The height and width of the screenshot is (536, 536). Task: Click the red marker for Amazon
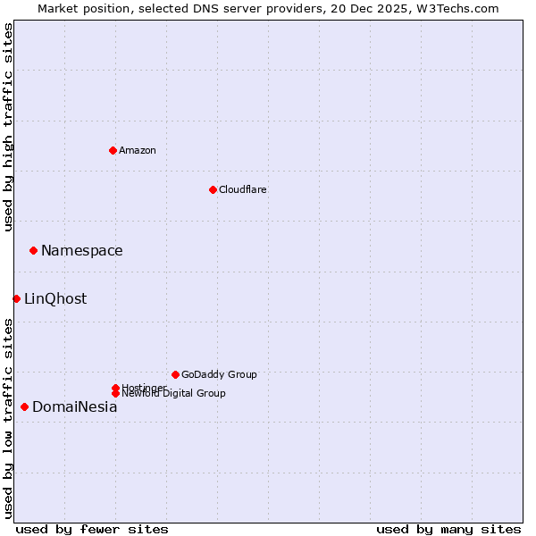click(x=113, y=150)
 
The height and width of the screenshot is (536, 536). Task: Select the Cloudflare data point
click(x=213, y=189)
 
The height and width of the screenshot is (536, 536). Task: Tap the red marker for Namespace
click(x=33, y=250)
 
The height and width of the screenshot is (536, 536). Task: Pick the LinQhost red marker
click(x=16, y=298)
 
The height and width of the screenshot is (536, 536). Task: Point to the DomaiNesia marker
click(x=24, y=406)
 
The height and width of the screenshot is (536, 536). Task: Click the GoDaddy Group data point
click(x=175, y=374)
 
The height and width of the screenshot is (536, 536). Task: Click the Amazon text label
click(x=138, y=150)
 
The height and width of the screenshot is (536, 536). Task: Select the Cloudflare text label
click(x=243, y=189)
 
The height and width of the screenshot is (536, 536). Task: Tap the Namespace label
click(x=82, y=251)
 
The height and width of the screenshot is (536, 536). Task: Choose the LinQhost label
click(x=55, y=299)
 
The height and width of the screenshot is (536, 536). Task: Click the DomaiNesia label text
click(x=75, y=407)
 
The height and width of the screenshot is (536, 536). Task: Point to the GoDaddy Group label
click(x=219, y=374)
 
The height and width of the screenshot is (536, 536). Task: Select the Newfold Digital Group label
click(x=174, y=393)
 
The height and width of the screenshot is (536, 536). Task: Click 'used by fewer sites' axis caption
click(x=92, y=529)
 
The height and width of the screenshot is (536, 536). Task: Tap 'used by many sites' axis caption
click(x=448, y=529)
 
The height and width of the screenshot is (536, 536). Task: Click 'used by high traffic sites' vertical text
click(x=9, y=127)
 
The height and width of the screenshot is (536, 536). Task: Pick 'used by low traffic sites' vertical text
click(x=9, y=418)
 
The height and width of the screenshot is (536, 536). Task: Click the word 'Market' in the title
click(x=58, y=8)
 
